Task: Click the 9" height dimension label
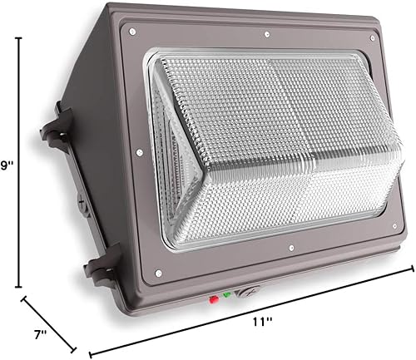[8, 166]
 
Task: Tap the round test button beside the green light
[246, 292]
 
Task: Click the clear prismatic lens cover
[266, 141]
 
